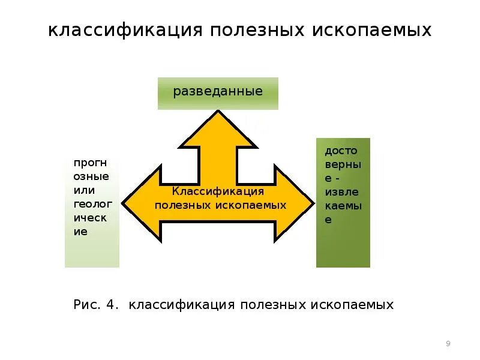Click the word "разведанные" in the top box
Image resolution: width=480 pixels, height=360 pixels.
[x=218, y=92]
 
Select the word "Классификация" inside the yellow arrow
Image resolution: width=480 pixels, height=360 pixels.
[x=218, y=191]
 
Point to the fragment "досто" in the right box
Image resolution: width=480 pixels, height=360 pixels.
[x=343, y=151]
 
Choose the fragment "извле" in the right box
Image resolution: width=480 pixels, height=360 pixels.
[x=342, y=193]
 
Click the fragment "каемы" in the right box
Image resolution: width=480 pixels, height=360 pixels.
[x=343, y=206]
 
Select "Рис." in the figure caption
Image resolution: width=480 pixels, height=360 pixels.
[x=86, y=305]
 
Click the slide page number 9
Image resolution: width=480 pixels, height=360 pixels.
[x=448, y=344]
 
